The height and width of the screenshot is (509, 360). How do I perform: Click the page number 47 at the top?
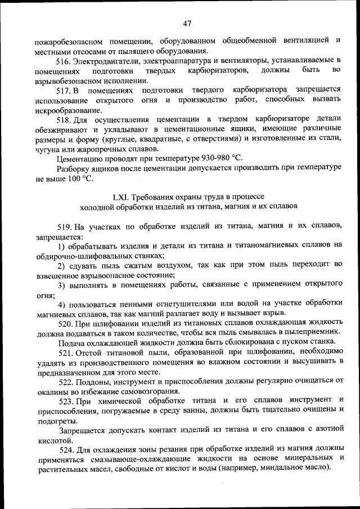tap(188, 23)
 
